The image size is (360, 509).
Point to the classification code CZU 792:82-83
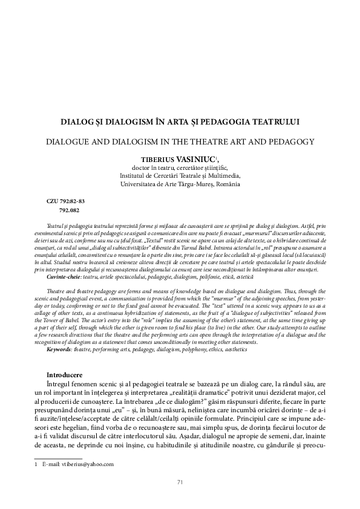coord(66,200)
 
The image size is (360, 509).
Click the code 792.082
coord(70,210)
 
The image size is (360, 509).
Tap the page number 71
coord(180,482)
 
